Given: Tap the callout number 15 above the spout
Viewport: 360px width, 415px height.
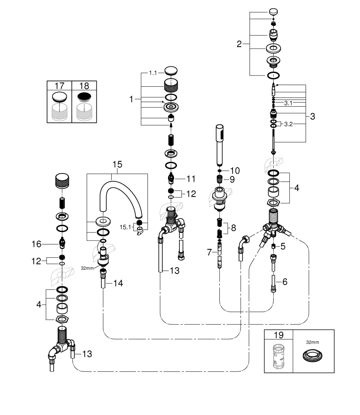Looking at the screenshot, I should click(x=117, y=165).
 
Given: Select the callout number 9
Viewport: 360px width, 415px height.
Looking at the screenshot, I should click(x=233, y=179).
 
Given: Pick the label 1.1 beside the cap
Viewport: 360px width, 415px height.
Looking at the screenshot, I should click(x=154, y=73).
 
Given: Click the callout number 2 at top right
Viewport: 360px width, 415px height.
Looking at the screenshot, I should click(x=239, y=44).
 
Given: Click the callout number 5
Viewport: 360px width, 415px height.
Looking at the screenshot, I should click(x=283, y=247).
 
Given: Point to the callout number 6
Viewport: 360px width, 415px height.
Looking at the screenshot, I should click(x=284, y=282).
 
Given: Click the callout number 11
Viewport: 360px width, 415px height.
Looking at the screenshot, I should click(x=191, y=179).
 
